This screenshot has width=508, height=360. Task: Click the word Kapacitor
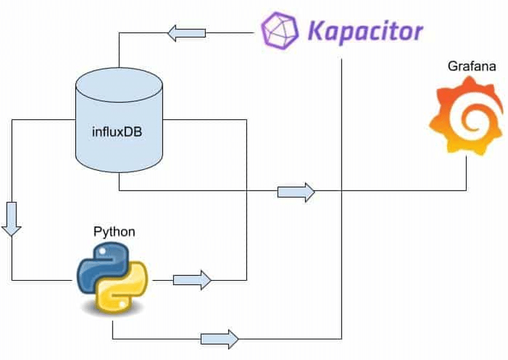pos(365,29)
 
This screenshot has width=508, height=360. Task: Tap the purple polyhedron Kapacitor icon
pos(280,29)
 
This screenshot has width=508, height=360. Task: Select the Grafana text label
pos(468,66)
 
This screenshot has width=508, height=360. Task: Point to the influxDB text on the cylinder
pos(118,131)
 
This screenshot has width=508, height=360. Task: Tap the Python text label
pos(114,232)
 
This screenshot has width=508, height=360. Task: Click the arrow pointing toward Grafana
pos(296,191)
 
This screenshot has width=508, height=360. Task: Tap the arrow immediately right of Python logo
pos(192,279)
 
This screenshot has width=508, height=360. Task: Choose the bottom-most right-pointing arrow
pos(219,339)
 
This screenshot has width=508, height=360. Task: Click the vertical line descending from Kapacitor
pos(342,187)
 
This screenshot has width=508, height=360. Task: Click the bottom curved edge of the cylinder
pos(118,174)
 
